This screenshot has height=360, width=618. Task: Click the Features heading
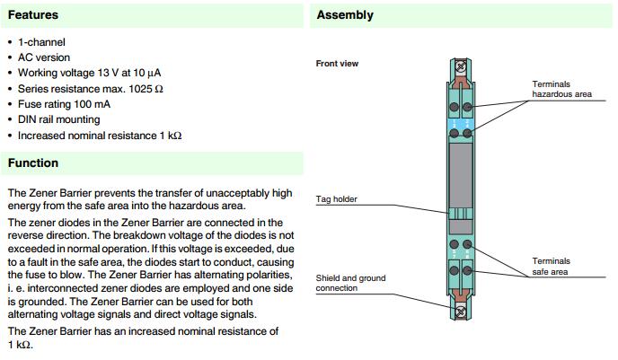(33, 15)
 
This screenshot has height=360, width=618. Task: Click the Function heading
(33, 162)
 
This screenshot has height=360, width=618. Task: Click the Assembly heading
(345, 15)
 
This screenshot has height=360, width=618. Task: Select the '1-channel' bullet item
(41, 42)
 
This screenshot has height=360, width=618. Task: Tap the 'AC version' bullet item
(45, 57)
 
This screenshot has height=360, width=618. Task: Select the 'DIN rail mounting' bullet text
(59, 119)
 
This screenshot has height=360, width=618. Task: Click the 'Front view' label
(338, 64)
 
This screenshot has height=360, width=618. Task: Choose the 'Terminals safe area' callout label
(551, 266)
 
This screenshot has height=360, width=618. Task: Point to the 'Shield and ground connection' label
(350, 284)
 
